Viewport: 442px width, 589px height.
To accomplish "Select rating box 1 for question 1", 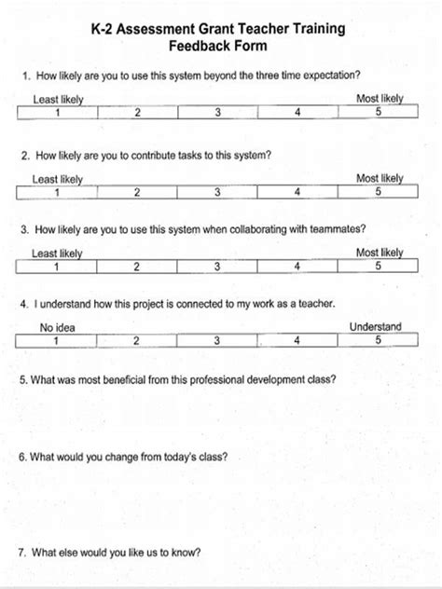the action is tap(57, 113).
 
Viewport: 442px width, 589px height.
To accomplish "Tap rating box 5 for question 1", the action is tap(379, 113).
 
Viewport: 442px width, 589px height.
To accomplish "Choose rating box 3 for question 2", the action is tap(217, 192).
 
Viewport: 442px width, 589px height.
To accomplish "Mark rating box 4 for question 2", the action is tap(297, 192).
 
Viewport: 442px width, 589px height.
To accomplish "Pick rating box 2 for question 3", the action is tap(137, 267).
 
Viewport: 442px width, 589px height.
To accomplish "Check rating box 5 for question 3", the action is tap(379, 267).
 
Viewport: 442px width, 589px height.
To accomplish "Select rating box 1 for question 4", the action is tap(56, 340).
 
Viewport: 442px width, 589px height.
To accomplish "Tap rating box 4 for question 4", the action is tap(297, 340).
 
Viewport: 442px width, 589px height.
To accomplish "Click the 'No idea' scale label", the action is tap(57, 327).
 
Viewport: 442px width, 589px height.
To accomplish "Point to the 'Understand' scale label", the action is tap(375, 327).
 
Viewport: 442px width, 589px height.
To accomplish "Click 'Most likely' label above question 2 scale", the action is tap(380, 178).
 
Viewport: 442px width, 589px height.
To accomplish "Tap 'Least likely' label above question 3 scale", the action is tap(57, 253).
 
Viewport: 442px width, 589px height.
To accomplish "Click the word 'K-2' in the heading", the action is tap(104, 29).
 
